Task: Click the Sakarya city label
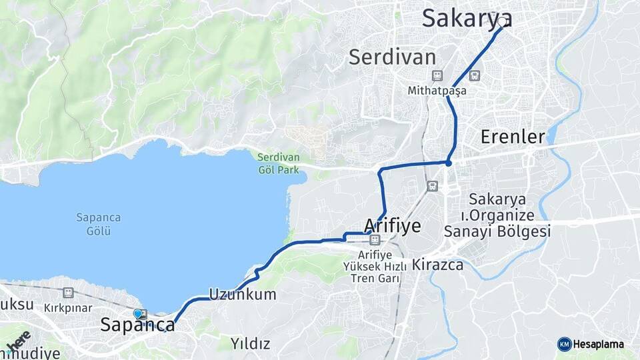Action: pos(467,19)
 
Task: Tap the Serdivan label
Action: pos(392,57)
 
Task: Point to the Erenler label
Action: pos(513,137)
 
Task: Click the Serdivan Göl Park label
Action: pos(279,164)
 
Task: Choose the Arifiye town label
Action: pos(393,225)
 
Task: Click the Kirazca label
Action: pos(437,265)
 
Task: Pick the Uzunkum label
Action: pos(242,294)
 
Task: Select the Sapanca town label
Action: pos(138,325)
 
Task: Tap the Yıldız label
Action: pos(250,344)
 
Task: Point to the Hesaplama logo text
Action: pos(599,345)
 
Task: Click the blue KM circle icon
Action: pos(564,344)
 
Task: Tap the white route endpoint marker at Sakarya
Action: pos(502,21)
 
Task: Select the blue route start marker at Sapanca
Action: pos(137,313)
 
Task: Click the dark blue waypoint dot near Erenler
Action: pos(449,163)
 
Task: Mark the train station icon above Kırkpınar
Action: pos(67,293)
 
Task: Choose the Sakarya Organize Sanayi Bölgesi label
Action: pos(497,215)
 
